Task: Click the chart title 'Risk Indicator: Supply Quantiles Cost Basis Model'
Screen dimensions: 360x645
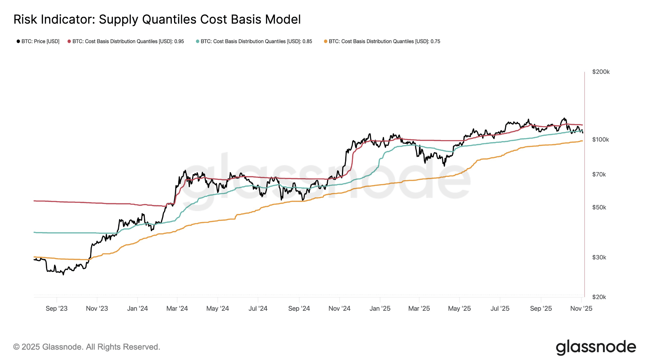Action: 157,19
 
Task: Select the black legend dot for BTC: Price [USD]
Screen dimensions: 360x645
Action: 18,41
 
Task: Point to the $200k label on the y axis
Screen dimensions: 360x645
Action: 601,72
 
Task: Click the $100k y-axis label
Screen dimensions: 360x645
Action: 600,140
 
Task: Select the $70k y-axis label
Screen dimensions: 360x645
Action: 599,175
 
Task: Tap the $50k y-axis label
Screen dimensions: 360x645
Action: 599,207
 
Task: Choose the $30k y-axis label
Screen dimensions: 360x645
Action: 599,258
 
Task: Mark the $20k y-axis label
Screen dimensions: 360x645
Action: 599,297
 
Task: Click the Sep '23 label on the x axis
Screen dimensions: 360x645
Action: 57,309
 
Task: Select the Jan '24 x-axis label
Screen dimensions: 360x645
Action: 137,309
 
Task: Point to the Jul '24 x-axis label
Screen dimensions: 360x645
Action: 258,309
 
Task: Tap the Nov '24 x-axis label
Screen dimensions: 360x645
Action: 339,309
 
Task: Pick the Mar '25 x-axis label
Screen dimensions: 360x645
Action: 419,309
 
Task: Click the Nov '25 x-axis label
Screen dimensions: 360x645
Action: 581,309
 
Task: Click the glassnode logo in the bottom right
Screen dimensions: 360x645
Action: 596,347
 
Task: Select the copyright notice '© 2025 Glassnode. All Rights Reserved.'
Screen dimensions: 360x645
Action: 87,347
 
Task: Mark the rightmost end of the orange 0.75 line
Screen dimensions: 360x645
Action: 582,141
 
